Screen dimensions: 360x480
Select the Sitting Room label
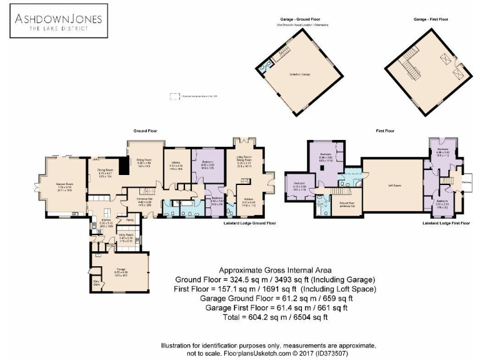[x=144, y=164]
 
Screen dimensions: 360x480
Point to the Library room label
[x=176, y=167]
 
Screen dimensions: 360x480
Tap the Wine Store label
[x=97, y=284]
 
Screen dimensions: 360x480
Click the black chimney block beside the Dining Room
[x=125, y=165]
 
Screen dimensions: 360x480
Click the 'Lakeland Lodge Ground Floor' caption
[x=250, y=222]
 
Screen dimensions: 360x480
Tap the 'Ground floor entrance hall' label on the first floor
[x=347, y=204]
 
